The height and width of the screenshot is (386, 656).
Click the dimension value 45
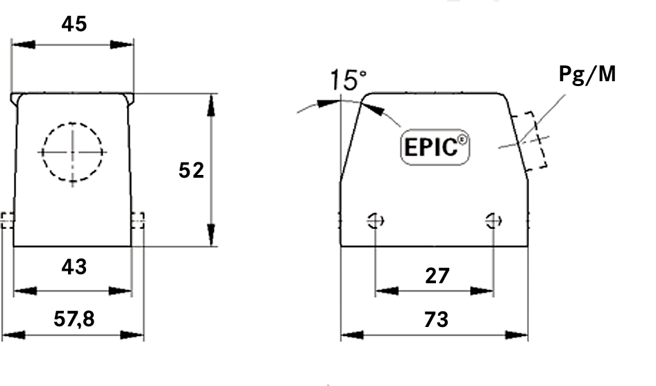point(74,24)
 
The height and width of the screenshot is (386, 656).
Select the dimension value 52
point(191,169)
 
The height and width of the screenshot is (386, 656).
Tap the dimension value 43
point(74,266)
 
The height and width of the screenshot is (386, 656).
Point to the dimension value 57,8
point(74,319)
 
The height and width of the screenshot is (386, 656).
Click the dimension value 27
point(436,276)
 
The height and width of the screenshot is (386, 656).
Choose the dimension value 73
point(435,319)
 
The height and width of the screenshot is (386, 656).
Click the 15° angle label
point(348,80)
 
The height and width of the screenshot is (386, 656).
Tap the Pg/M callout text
point(587,74)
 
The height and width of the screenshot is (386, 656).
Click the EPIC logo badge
point(435,147)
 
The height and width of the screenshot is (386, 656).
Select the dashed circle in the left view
point(72,152)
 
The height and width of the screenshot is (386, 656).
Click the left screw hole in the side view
point(376,221)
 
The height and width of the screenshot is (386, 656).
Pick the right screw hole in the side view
point(493,221)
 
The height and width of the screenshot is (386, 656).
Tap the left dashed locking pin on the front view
point(7,221)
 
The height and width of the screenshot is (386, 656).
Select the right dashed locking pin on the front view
point(138,221)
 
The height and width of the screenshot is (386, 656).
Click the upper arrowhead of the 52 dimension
point(211,105)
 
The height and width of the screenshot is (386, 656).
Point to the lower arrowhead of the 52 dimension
point(211,235)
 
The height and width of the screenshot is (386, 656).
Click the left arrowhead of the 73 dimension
point(352,335)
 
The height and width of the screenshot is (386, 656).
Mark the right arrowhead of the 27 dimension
point(482,290)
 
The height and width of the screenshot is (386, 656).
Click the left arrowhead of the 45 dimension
point(23,45)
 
